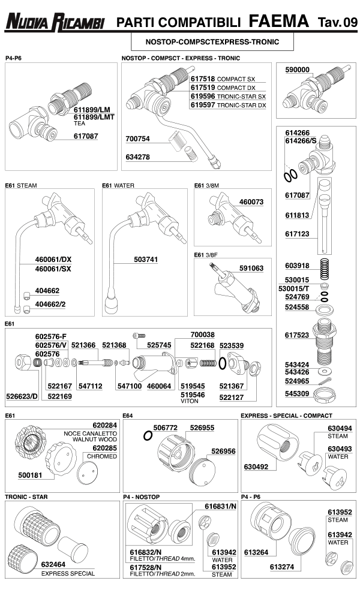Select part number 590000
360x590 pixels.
tap(298, 70)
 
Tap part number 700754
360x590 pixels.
tap(138, 139)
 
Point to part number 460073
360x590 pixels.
tap(251, 202)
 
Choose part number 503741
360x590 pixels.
tap(146, 260)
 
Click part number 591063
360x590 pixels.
tap(251, 268)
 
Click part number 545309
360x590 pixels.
tap(296, 394)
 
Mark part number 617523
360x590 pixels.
tap(296, 335)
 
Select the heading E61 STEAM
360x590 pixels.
tap(21, 185)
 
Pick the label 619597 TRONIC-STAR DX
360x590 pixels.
tap(228, 105)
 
